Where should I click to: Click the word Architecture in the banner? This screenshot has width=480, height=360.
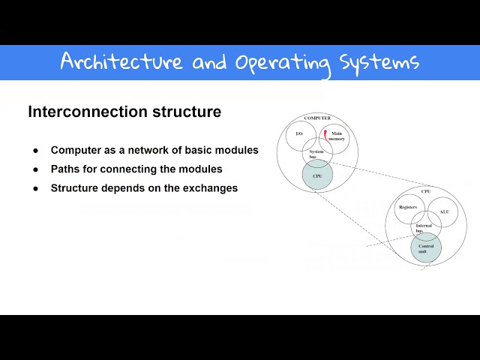[x=121, y=61]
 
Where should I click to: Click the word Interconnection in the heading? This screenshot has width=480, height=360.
[x=77, y=112]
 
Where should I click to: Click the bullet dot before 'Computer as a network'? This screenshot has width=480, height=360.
[x=35, y=151]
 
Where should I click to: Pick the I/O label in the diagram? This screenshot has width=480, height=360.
[x=299, y=133]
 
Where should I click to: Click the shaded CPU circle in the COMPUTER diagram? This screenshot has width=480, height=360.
[x=317, y=177]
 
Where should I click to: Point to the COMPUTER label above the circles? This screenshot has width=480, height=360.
[x=317, y=118]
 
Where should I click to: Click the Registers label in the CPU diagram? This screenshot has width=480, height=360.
[x=408, y=206]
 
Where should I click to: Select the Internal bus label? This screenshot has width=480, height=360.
[x=424, y=228]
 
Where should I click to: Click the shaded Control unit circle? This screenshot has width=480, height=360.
[x=425, y=247]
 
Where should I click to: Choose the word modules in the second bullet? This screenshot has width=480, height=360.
[x=202, y=169]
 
